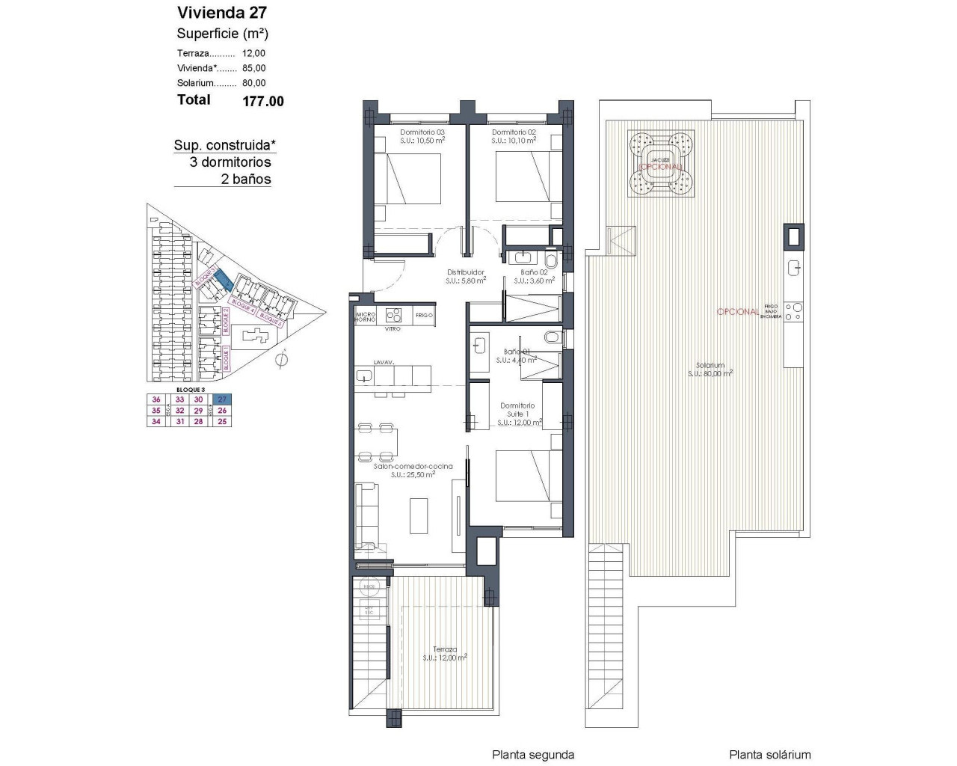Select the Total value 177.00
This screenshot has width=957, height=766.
[x=263, y=101]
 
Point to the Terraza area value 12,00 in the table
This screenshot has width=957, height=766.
[x=253, y=53]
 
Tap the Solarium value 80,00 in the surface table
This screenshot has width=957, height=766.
[x=253, y=83]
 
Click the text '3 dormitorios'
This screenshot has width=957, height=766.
[x=230, y=162]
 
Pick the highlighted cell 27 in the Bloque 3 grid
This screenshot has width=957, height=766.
[x=222, y=399]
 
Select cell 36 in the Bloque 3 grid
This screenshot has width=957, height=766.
[x=156, y=399]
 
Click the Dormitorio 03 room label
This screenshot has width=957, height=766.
[x=422, y=132]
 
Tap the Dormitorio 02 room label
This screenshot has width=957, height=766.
[x=514, y=132]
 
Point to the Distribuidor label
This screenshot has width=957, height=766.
[x=466, y=272]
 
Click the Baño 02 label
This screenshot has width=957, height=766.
[x=534, y=272]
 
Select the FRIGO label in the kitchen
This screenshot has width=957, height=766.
[x=424, y=316]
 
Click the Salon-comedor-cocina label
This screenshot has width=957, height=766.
[x=413, y=466]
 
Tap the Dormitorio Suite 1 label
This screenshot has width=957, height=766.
[x=517, y=410]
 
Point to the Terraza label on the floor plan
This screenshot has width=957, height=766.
[x=445, y=649]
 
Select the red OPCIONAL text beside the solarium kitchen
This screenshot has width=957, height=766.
[x=738, y=311]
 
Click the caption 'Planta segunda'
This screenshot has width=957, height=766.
[x=532, y=755]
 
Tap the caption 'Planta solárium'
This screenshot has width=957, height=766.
[x=769, y=755]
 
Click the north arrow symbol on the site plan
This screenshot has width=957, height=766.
[x=281, y=361]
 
